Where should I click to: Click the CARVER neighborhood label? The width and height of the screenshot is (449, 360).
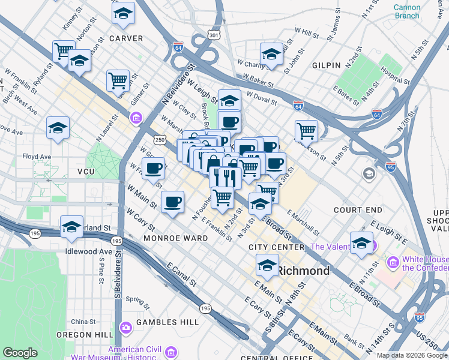(126, 38)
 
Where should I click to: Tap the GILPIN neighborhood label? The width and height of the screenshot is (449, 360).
(326, 65)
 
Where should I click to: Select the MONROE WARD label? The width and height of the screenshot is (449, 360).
(175, 238)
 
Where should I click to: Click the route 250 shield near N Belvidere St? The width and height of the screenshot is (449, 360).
(159, 139)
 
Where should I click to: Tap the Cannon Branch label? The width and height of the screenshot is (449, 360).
(407, 11)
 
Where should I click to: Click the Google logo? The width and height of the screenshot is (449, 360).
(20, 353)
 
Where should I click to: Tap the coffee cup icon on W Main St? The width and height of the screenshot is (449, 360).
(173, 202)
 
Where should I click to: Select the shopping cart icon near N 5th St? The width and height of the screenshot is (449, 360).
(306, 130)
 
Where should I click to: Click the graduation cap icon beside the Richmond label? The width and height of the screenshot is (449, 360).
(267, 264)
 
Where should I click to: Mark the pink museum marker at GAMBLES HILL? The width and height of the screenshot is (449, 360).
(126, 328)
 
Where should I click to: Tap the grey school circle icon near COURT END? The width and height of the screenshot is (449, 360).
(369, 174)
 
